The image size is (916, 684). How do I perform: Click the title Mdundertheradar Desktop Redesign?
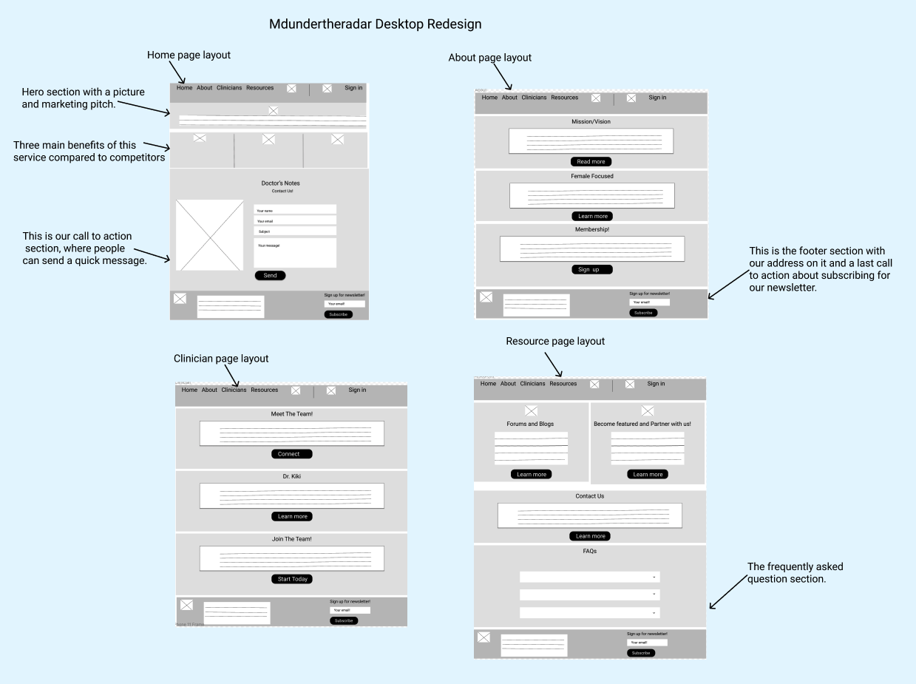pos(375,24)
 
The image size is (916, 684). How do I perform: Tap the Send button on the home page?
pos(270,276)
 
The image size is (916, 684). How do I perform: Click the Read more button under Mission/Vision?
pos(591,162)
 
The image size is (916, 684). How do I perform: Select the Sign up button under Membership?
pos(591,270)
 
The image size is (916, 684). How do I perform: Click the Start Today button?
pos(292,579)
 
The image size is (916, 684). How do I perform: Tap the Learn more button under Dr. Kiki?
pos(292,516)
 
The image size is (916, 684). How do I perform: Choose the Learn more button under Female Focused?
pos(592,217)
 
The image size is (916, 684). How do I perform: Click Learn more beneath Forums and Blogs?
pos(531,475)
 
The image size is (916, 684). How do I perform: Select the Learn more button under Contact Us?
pos(590,536)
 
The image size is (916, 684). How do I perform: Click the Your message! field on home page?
pos(295,253)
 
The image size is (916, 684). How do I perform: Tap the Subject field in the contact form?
pos(295,231)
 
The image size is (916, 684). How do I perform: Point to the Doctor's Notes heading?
pos(280,183)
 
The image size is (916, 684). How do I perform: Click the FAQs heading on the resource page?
pos(589,552)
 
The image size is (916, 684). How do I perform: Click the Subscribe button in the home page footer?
pos(338,314)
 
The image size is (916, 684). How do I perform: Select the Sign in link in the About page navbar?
pos(657,98)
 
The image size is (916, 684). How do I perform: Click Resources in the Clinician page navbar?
pos(264,390)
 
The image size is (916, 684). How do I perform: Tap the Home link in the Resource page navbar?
pos(488,384)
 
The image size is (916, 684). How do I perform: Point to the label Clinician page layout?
pos(220,359)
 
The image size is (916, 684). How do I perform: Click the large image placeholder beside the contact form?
pos(209,235)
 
